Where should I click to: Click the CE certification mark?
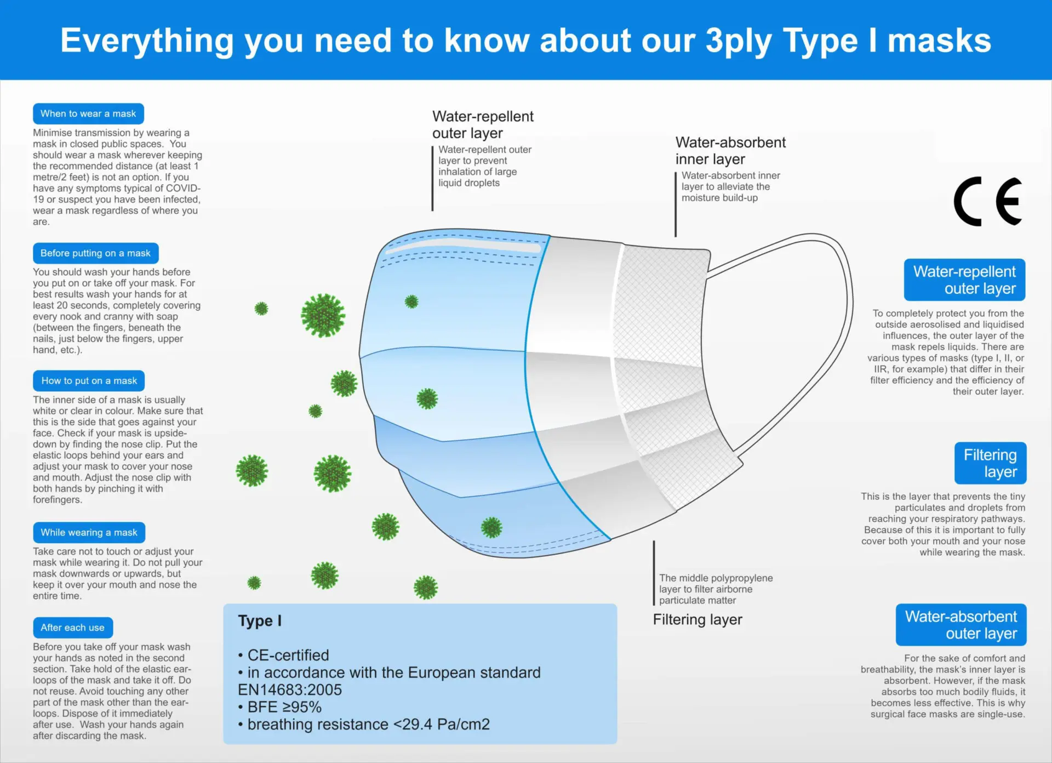988,201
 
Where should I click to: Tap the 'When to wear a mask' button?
88,113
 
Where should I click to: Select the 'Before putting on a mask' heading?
95,253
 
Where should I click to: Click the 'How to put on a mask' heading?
89,380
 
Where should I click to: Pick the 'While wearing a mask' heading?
89,532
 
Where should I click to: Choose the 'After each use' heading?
72,628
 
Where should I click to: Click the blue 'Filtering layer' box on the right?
990,463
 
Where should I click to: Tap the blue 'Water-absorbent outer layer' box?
961,625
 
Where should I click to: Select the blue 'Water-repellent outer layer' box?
964,280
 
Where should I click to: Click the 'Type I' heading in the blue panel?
260,620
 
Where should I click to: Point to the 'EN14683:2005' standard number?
290,690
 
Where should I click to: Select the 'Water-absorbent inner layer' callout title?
730,151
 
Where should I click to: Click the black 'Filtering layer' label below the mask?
697,619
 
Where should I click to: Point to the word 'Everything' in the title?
147,41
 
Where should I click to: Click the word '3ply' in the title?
738,41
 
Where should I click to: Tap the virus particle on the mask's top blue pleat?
411,301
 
